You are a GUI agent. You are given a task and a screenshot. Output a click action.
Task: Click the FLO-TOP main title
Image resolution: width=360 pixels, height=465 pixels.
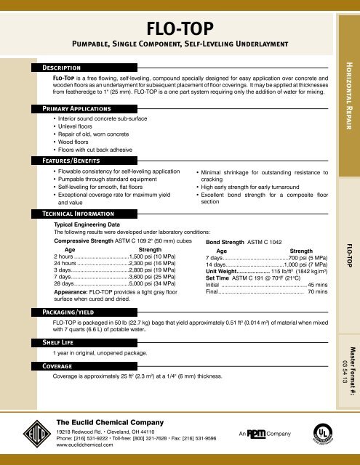tap(180, 28)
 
